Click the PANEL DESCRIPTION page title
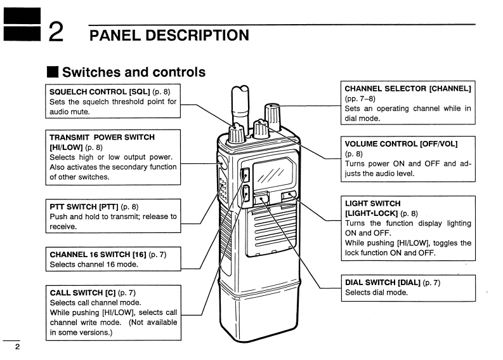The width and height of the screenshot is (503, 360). point(169,34)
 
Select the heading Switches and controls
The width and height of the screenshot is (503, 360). point(134,72)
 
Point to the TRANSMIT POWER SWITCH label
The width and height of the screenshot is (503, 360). point(102,137)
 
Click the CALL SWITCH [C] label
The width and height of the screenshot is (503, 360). point(82,293)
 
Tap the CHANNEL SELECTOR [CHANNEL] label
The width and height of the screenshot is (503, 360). point(408,88)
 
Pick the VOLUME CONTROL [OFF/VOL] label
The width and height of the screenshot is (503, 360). point(400,143)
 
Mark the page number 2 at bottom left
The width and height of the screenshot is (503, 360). point(17,347)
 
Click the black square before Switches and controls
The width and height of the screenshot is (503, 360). point(53,72)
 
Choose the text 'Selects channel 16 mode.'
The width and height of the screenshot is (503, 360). point(93,265)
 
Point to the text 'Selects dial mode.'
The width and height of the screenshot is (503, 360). point(376,293)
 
